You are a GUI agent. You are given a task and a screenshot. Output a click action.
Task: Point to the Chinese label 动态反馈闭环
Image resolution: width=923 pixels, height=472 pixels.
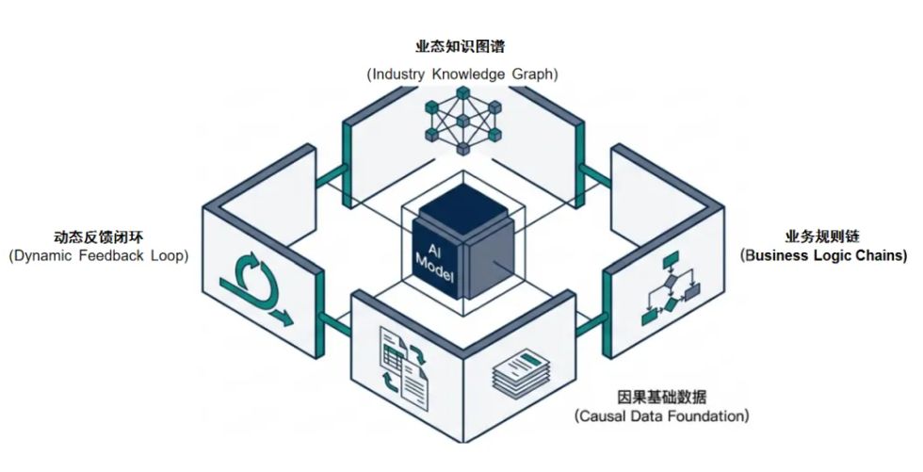click(x=98, y=237)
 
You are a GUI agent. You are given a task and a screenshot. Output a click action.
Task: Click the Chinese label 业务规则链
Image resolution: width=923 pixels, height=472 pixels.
click(x=822, y=236)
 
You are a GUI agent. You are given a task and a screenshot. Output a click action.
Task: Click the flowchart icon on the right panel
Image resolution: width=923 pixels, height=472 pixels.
click(x=671, y=288)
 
